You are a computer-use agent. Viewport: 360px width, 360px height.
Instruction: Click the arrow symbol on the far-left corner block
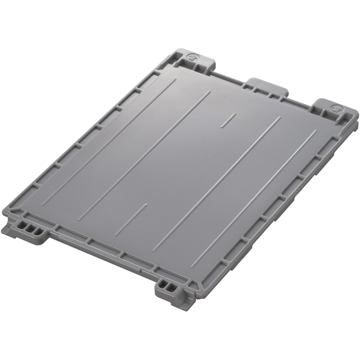pos(191,57)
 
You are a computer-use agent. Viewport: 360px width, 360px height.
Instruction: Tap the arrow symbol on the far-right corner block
pos(337,110)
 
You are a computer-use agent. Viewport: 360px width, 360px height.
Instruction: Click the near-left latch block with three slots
pos(29,228)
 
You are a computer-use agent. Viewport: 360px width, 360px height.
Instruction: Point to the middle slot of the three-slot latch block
pos(27,227)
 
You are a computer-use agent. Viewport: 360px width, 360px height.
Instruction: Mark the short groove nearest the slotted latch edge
pos(131,218)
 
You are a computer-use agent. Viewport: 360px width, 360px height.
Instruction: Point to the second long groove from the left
pos(144,156)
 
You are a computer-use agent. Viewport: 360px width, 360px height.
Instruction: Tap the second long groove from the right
pos(216,180)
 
